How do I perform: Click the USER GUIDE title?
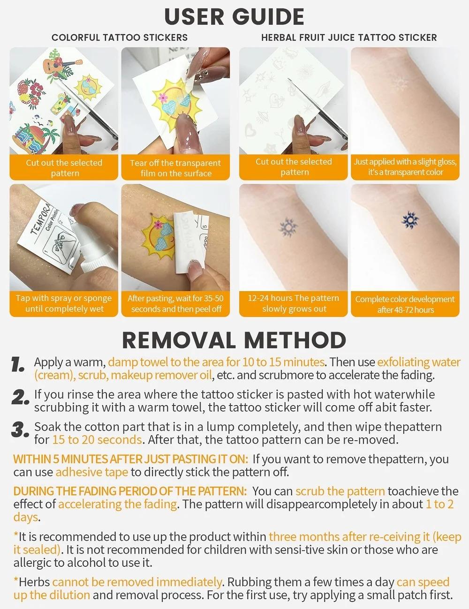pos(234,17)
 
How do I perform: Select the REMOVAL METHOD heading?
pos(234,340)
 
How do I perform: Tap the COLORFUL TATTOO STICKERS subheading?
pos(120,38)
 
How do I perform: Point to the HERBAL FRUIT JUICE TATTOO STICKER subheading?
pos(349,38)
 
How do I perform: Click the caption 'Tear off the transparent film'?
pos(175,168)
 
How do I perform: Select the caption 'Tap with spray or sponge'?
pos(64,303)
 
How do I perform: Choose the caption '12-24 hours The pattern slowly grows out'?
pos(294,303)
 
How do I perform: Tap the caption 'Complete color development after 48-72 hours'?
pos(405,304)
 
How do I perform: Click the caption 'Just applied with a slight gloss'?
pos(405,167)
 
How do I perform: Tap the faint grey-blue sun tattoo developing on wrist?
pos(287,227)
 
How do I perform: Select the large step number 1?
pos(18,365)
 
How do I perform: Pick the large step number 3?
pos(20,430)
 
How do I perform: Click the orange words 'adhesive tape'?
pos(91,472)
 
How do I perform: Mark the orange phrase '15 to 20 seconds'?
pos(97,440)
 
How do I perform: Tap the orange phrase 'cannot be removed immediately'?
pos(137,582)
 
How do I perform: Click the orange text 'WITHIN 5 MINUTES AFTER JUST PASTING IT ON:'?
pos(130,459)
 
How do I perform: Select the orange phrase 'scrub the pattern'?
pos(340,491)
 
